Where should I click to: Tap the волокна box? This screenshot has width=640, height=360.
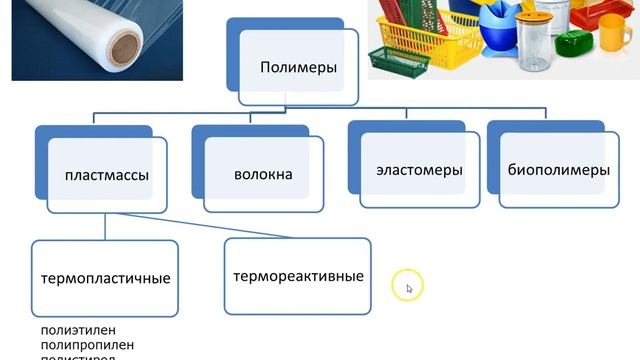tap(263, 175)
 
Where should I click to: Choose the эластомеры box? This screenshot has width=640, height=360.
tap(419, 170)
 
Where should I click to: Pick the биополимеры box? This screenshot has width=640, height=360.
tap(557, 170)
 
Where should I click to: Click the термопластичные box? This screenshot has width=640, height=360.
tap(105, 277)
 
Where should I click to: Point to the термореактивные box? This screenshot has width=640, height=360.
tap(297, 275)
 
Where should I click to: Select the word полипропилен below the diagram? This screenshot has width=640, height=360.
tap(78, 343)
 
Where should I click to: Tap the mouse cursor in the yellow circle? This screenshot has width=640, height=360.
tap(407, 287)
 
